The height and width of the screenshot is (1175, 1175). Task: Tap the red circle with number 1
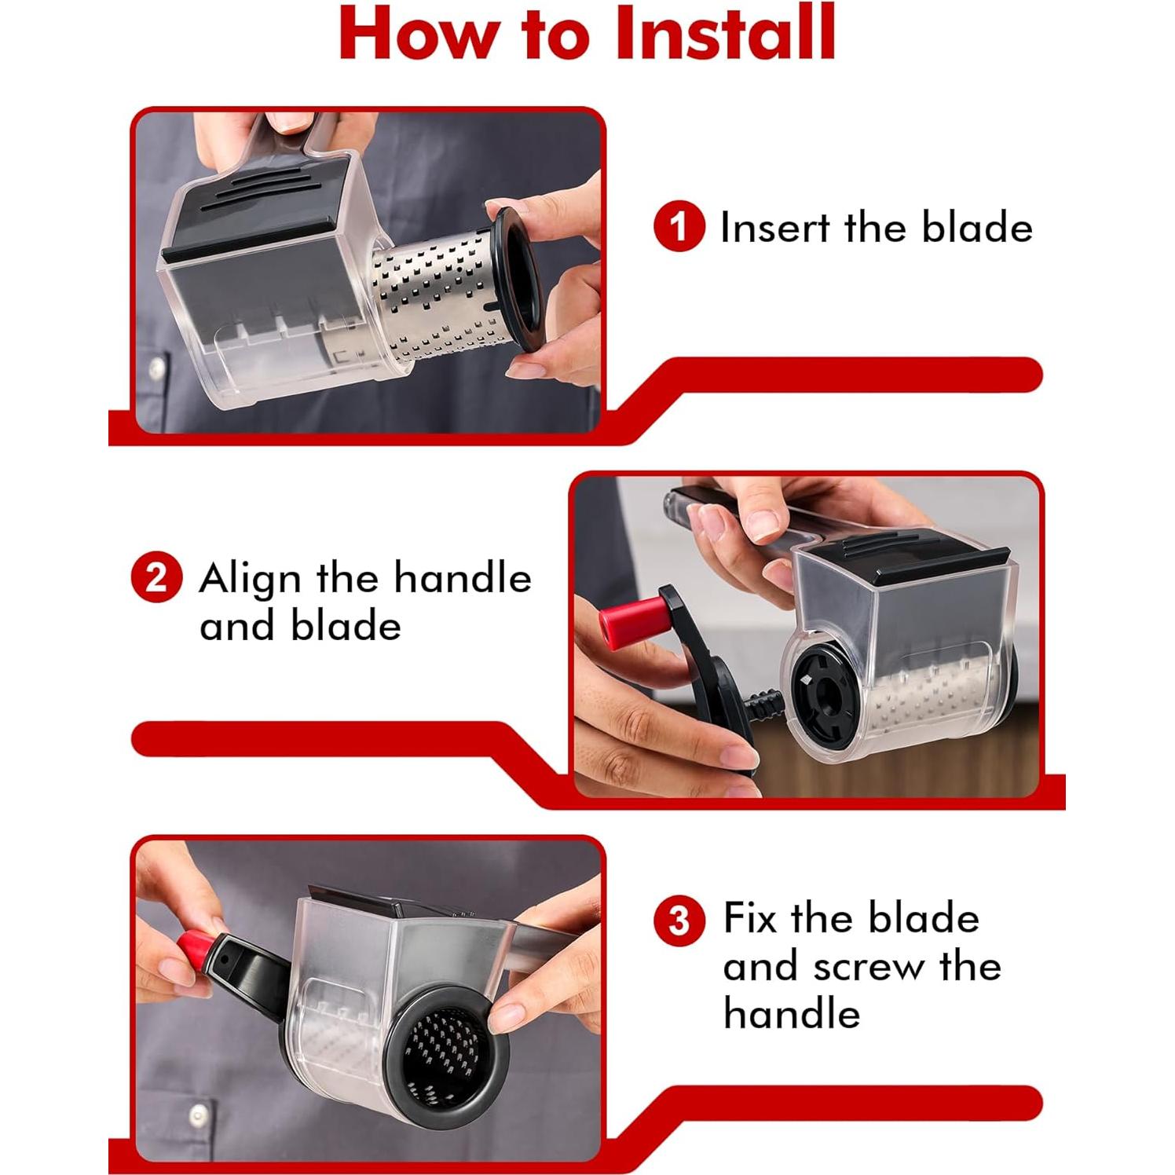[679, 227]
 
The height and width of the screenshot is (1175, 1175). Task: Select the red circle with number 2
[156, 579]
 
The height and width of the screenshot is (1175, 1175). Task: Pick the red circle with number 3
[679, 920]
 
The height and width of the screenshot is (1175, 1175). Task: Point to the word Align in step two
[250, 580]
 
